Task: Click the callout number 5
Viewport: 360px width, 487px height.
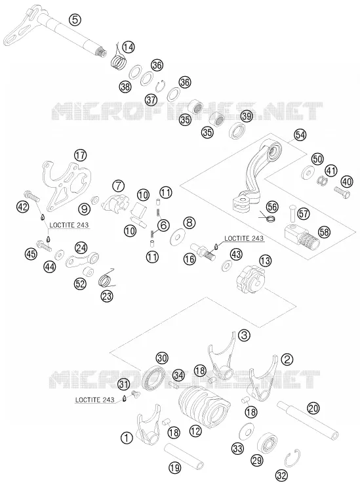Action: (x=75, y=20)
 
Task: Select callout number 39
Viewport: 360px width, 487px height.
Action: (x=247, y=116)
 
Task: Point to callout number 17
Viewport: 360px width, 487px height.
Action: (x=81, y=155)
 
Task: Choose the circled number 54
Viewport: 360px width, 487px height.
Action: (x=300, y=135)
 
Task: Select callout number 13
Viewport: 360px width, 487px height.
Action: (x=265, y=261)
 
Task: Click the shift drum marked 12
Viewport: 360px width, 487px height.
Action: (x=205, y=406)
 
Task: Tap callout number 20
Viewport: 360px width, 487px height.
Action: (x=313, y=408)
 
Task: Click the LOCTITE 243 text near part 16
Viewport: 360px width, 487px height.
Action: (x=244, y=238)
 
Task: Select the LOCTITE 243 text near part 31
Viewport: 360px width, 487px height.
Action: (x=94, y=400)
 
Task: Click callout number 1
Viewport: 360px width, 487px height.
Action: (x=127, y=438)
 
